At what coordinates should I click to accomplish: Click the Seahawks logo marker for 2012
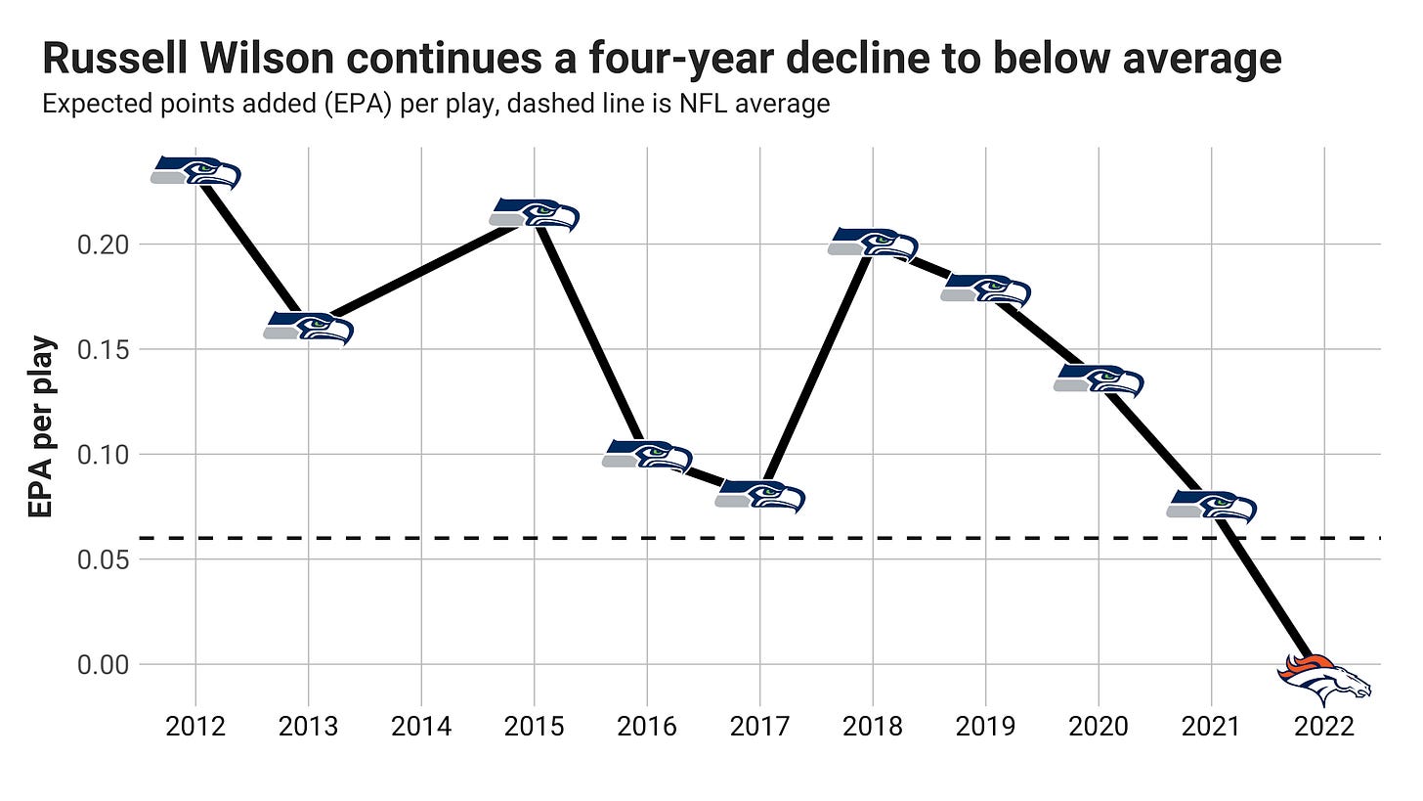(x=195, y=172)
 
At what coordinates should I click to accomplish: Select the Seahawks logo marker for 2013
(x=308, y=329)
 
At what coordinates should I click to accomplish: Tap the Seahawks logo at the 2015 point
(x=535, y=214)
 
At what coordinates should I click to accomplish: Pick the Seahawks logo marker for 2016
(x=647, y=456)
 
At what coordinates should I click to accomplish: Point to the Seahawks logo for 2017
(x=759, y=497)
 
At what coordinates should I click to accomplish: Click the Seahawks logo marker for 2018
(x=873, y=244)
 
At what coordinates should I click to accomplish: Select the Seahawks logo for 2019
(x=985, y=290)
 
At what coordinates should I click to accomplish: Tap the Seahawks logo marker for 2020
(x=1099, y=380)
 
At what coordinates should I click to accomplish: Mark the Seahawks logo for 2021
(x=1211, y=507)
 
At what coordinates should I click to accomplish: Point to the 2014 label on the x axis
(x=421, y=728)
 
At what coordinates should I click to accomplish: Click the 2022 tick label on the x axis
(x=1324, y=728)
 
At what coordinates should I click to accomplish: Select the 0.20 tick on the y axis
(x=103, y=245)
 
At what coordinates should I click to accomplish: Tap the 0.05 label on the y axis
(x=103, y=560)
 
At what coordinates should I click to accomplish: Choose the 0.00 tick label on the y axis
(x=103, y=665)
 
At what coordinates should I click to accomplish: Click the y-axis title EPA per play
(x=41, y=427)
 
